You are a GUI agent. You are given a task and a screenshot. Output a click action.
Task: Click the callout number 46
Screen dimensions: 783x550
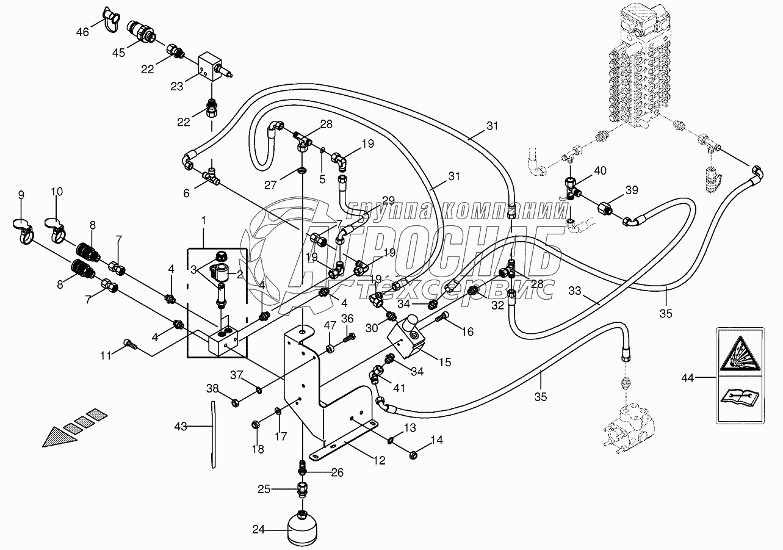[x=82, y=32]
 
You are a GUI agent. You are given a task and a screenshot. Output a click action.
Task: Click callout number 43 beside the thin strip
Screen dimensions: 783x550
[x=181, y=427]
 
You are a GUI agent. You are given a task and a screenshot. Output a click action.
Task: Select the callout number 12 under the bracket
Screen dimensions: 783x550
[x=379, y=460]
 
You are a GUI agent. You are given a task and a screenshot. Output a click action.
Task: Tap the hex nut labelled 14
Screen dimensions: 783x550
[x=413, y=455]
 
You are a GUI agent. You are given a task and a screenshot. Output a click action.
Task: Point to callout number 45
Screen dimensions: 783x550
[x=118, y=52]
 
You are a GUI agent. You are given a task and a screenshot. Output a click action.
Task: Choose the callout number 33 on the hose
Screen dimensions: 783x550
[x=575, y=291]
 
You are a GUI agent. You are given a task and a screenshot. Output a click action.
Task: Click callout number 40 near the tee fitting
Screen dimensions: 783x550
[x=600, y=171]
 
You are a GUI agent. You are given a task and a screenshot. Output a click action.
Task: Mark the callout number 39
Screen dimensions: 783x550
[x=632, y=190]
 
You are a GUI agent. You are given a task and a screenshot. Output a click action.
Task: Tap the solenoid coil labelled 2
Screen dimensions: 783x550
[x=218, y=273]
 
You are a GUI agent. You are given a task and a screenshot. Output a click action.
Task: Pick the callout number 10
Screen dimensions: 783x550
[x=57, y=192]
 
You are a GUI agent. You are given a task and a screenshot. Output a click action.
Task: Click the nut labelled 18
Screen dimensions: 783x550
[x=255, y=425]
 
